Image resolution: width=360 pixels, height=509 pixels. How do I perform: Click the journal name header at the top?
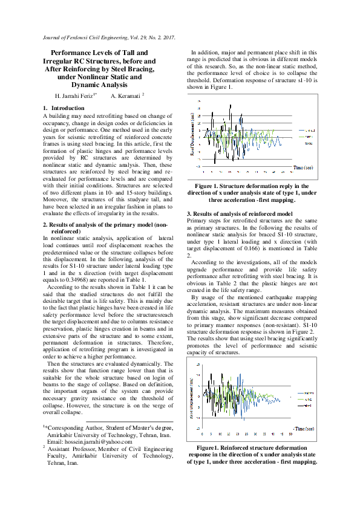[x=110, y=37]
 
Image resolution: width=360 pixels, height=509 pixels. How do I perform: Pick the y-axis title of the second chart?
[x=192, y=396]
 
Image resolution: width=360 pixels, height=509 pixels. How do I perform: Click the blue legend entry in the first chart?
[x=309, y=131]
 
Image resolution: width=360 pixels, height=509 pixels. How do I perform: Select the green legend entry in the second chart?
[x=307, y=400]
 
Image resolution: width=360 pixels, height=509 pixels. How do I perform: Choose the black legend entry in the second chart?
[x=307, y=406]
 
